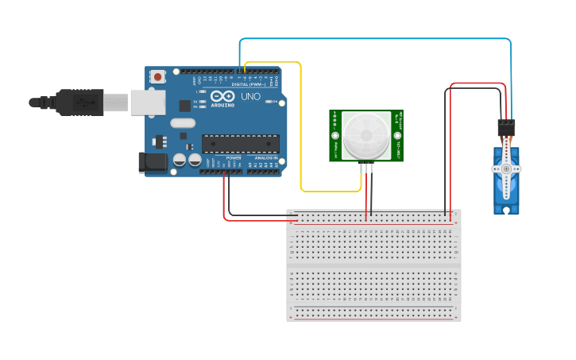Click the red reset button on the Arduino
pyautogui.click(x=158, y=77)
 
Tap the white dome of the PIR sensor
pyautogui.click(x=366, y=135)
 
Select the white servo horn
pyautogui.click(x=506, y=169)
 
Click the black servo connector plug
pyautogui.click(x=506, y=126)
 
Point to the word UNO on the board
pyautogui.click(x=250, y=96)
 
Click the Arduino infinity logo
pyautogui.click(x=222, y=96)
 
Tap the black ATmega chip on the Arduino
pyautogui.click(x=240, y=143)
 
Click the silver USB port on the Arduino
pyautogui.click(x=148, y=103)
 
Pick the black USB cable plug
pyautogui.click(x=79, y=103)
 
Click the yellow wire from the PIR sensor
pyautogui.click(x=301, y=127)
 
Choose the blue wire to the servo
pyautogui.click(x=373, y=38)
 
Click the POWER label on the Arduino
pyautogui.click(x=234, y=157)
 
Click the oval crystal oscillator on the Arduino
pyautogui.click(x=182, y=122)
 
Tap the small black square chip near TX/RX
pyautogui.click(x=185, y=105)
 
